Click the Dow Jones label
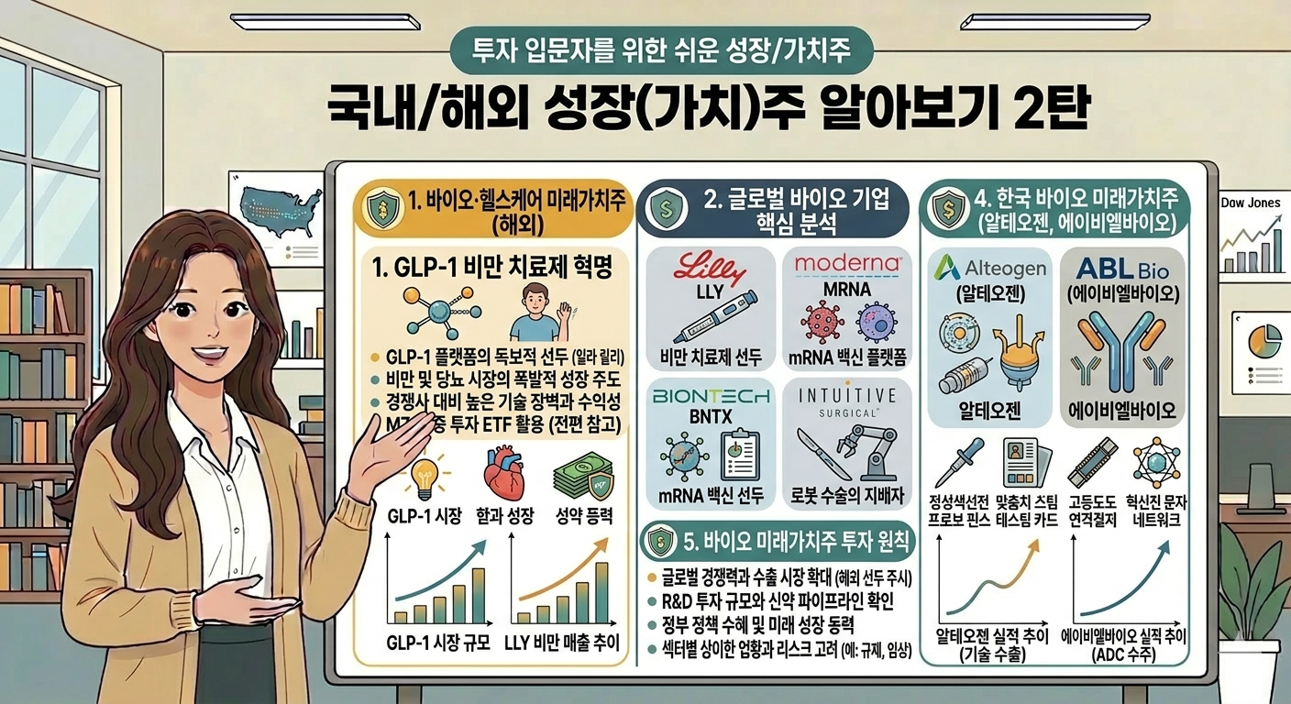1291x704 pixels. coord(1251,203)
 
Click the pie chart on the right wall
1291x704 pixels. coord(1269,346)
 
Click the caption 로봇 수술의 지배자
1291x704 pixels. coord(847,497)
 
